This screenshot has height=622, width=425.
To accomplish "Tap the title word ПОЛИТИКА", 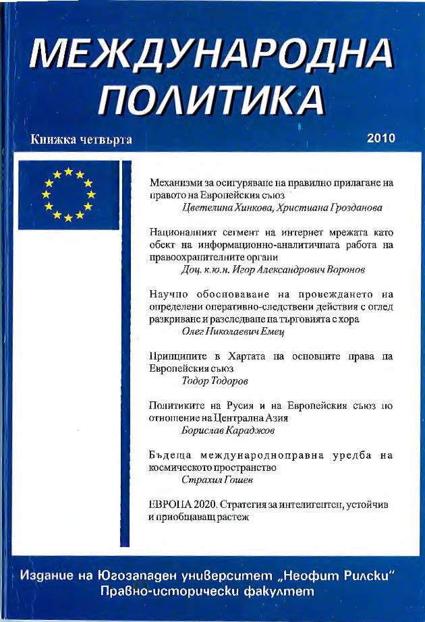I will tap(211, 101).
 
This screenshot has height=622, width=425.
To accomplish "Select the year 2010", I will tap(380, 138).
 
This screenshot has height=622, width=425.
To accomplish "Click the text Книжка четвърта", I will tap(80, 140).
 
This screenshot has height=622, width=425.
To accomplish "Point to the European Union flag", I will tap(69, 196).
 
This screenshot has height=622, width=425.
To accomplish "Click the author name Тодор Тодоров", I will tap(215, 381).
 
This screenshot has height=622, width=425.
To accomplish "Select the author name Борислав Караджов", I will tap(223, 430).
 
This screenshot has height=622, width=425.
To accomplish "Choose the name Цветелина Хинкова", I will tap(223, 208).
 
